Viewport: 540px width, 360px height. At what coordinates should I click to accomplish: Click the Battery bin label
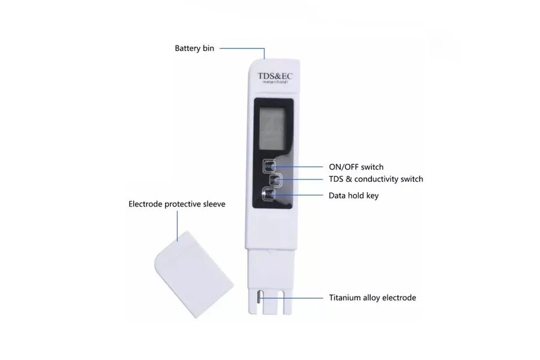coord(194,49)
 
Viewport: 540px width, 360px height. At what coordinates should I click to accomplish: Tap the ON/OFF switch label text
coord(356,167)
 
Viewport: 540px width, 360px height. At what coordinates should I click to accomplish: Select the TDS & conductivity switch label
coord(376,179)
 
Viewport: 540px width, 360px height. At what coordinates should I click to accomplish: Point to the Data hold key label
coord(353,196)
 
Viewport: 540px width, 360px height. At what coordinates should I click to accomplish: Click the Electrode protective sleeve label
coord(177,204)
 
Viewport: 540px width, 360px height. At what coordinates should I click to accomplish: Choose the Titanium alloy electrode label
coord(372,298)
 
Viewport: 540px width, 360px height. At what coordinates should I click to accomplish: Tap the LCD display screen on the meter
coord(270,128)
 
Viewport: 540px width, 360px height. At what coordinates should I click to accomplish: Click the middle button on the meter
coord(275,179)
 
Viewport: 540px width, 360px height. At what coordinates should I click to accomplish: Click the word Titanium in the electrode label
coord(346,298)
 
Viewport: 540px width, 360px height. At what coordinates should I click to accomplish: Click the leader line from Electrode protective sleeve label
coord(178,225)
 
